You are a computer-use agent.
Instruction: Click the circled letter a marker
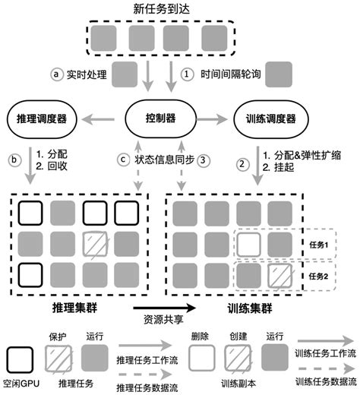point(55,74)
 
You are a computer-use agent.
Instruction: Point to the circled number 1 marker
point(187,74)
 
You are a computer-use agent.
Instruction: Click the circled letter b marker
point(13,160)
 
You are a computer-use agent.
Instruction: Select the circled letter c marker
point(122,160)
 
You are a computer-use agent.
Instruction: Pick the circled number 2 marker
point(243,163)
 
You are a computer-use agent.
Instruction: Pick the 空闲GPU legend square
point(20,358)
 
